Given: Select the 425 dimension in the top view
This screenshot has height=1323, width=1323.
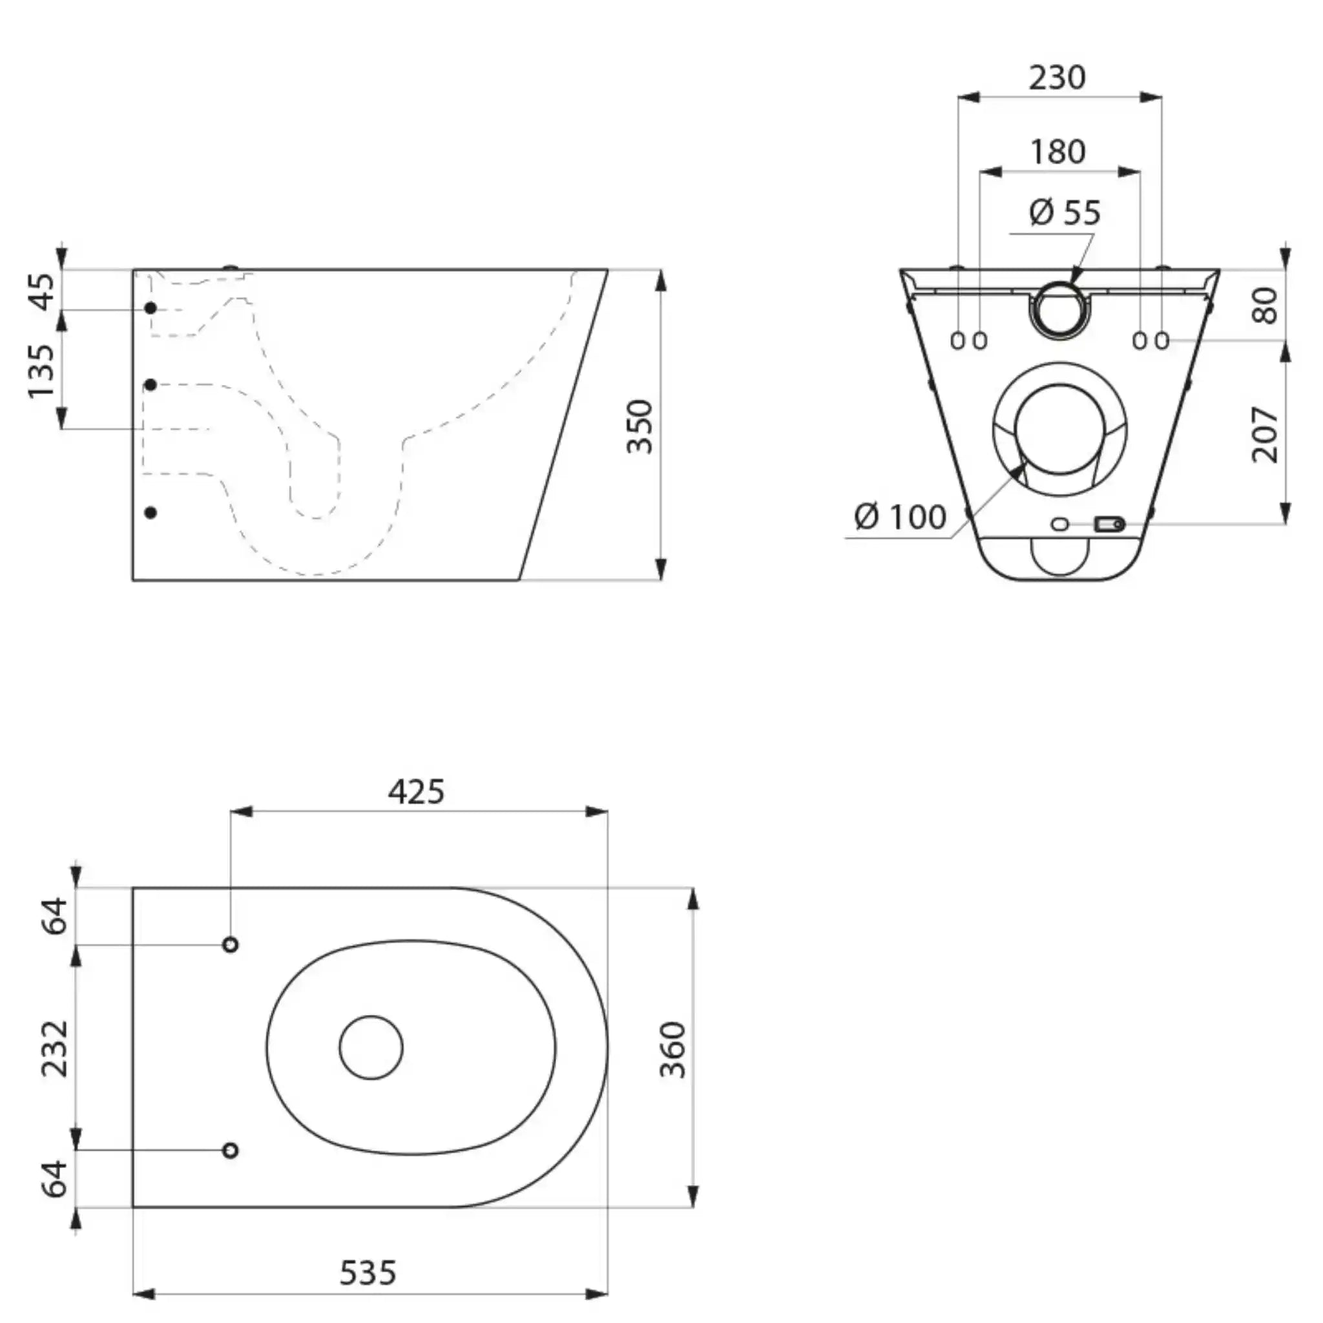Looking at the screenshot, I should click(x=417, y=791).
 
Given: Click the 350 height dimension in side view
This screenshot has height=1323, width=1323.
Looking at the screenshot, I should click(x=641, y=426).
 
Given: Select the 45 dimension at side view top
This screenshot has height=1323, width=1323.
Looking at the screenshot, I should click(x=43, y=291).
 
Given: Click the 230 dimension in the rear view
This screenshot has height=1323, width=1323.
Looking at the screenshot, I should click(x=1057, y=78).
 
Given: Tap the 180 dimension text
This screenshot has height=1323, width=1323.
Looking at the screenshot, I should click(x=1058, y=151).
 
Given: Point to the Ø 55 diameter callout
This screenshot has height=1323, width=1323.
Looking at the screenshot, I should click(x=1065, y=213).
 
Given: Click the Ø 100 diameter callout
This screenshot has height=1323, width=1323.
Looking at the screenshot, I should click(x=901, y=516).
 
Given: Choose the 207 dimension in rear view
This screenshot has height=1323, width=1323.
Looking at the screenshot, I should click(x=1265, y=435).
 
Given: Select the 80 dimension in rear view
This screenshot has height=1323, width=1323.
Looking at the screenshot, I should click(x=1266, y=306).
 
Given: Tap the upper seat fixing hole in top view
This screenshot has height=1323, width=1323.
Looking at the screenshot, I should click(x=231, y=945).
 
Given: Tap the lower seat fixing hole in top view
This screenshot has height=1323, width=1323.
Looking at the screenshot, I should click(x=231, y=1150).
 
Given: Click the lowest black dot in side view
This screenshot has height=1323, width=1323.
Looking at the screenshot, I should click(x=151, y=513).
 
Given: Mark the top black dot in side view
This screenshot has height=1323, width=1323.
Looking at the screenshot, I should click(x=151, y=309).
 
